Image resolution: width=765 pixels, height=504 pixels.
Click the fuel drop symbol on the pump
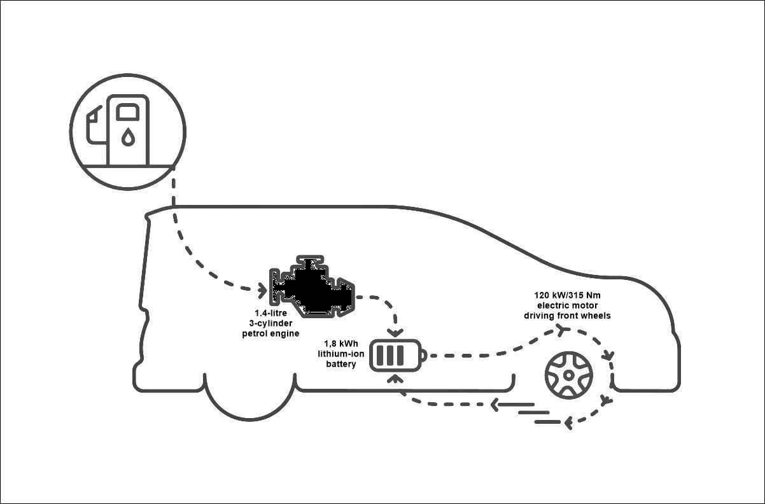tap(129, 137)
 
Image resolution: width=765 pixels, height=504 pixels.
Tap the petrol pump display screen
tap(129, 112)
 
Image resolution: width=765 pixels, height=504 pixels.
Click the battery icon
tap(398, 355)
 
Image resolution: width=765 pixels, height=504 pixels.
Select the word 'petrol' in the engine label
tap(256, 333)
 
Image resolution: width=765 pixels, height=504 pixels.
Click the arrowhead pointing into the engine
tap(263, 291)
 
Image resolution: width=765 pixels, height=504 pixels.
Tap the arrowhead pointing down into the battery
tap(395, 333)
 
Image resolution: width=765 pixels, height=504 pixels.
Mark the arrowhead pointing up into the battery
tap(395, 378)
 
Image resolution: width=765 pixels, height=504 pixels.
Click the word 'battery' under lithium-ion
tap(340, 365)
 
